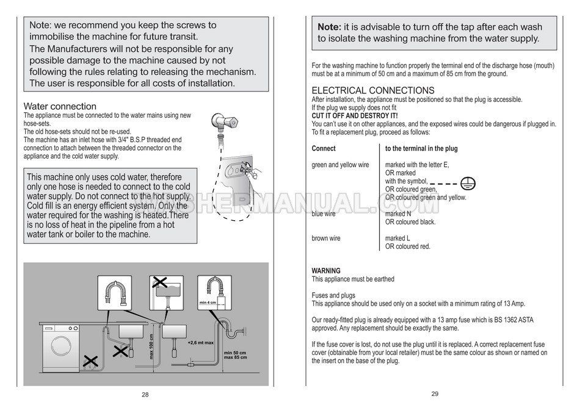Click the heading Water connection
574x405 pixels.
click(60, 106)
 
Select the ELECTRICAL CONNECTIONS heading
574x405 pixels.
click(373, 90)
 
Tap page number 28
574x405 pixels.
click(145, 395)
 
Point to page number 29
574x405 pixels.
click(435, 394)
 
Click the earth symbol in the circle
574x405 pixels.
click(469, 183)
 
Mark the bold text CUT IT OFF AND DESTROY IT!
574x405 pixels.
click(355, 116)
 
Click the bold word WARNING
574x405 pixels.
click(326, 270)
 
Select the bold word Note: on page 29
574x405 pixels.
click(329, 27)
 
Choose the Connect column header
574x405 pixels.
click(324, 148)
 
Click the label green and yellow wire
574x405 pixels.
click(340, 165)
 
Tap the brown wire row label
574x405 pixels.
click(326, 238)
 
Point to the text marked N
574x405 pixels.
click(398, 214)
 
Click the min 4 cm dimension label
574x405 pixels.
click(208, 303)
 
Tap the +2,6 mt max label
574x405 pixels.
click(200, 343)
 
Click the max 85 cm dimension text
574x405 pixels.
click(236, 357)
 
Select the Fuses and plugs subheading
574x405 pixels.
click(333, 295)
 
